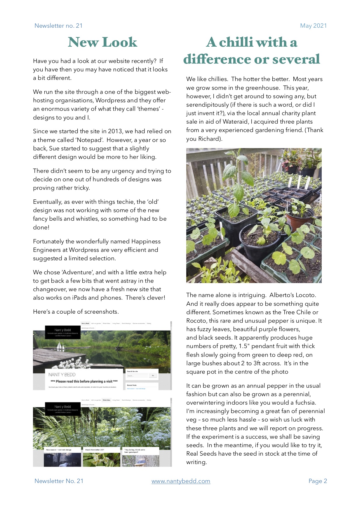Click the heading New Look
coord(102,42)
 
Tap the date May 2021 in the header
coord(313,26)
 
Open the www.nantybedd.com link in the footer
coord(181,481)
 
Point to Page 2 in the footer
coord(318,481)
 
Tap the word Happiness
coord(146,241)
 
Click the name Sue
coord(54,148)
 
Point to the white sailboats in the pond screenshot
coord(61,346)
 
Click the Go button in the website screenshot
coord(153,376)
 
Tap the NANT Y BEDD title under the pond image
coord(62,375)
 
